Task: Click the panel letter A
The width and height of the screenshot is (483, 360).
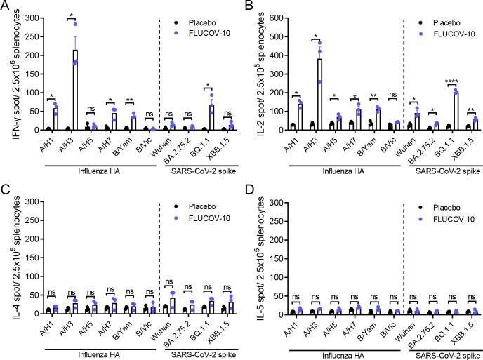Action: pyautogui.click(x=6, y=6)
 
